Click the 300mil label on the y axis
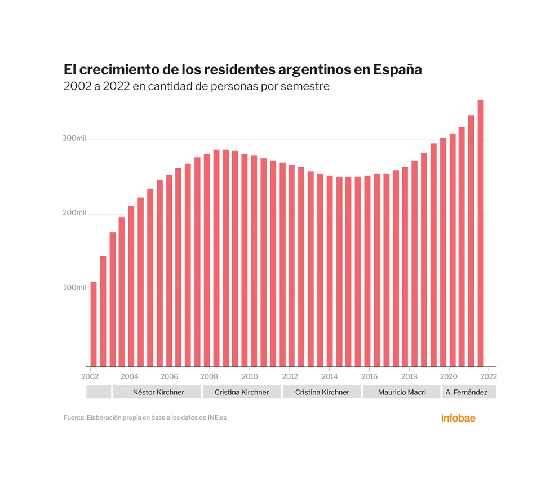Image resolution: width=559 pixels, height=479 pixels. [73, 139]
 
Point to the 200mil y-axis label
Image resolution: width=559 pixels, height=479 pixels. [73, 213]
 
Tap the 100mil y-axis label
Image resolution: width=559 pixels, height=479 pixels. [73, 287]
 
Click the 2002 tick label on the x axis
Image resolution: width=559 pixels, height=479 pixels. [90, 376]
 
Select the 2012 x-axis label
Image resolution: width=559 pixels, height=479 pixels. [290, 376]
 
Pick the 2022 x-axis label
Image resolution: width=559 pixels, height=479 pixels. [489, 376]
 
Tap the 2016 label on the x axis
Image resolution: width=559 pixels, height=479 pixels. [369, 376]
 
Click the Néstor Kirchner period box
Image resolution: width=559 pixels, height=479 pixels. [158, 392]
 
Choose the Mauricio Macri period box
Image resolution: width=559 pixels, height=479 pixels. [401, 392]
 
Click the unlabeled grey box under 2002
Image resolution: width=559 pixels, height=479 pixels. [99, 392]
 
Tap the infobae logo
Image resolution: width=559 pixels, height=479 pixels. [458, 418]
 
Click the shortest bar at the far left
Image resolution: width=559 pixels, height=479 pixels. [94, 324]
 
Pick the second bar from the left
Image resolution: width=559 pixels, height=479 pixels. [103, 311]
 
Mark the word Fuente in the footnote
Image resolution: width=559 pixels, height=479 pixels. [74, 418]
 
